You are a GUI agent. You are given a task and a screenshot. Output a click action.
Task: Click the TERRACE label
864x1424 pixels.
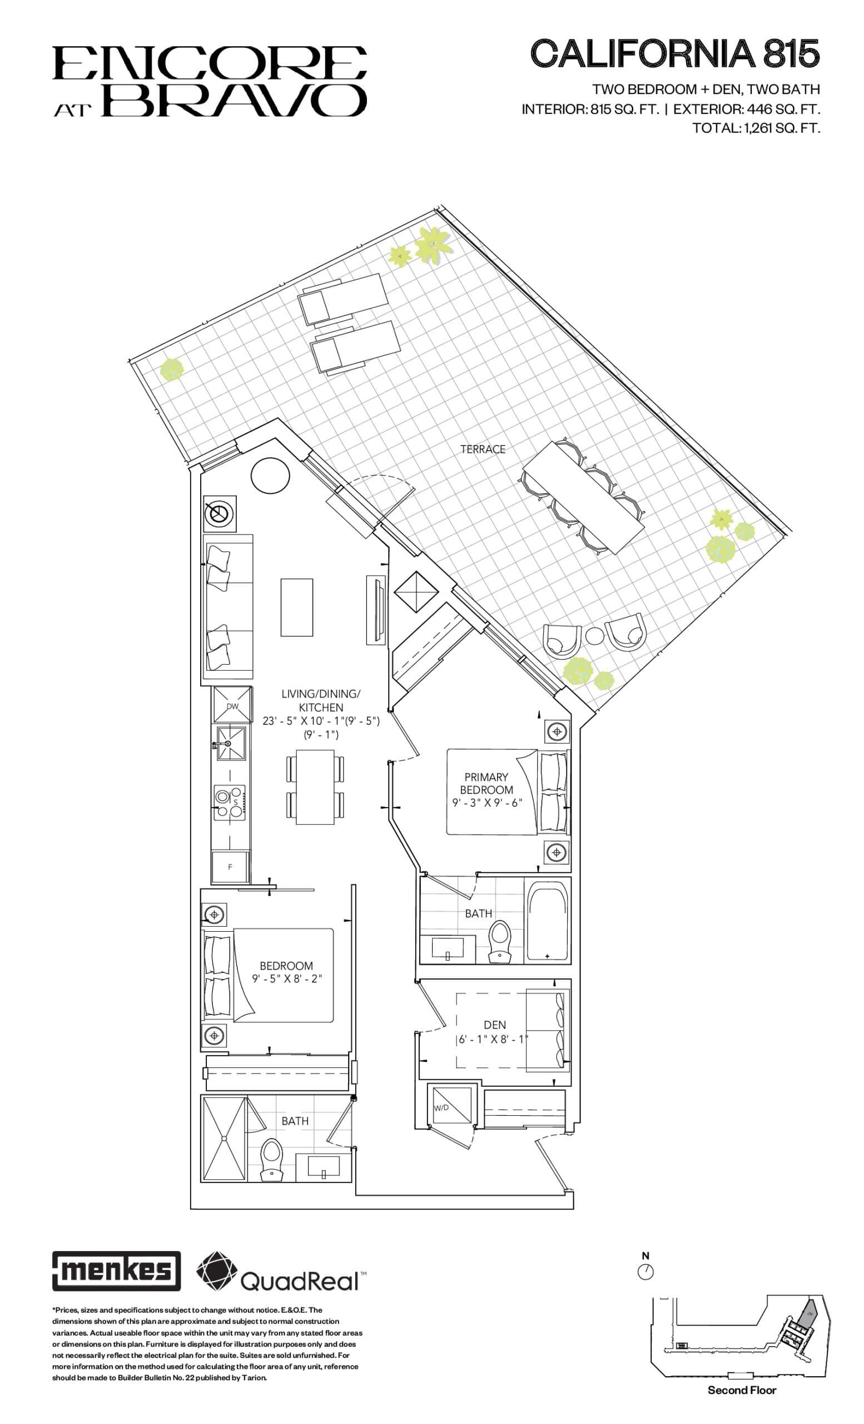click(x=482, y=449)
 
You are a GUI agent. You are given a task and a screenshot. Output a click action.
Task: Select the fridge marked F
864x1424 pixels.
click(x=230, y=867)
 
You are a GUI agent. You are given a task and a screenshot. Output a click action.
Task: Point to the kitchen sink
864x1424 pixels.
click(x=230, y=743)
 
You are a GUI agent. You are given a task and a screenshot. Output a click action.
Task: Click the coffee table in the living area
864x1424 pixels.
click(x=296, y=607)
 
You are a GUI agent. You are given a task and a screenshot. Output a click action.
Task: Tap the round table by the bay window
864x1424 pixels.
click(x=270, y=475)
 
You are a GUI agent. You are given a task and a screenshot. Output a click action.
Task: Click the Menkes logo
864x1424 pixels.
click(x=116, y=1270)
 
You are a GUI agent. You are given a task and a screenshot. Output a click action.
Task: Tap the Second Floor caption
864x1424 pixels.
click(x=742, y=1390)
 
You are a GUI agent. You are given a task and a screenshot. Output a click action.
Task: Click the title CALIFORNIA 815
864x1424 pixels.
click(x=674, y=54)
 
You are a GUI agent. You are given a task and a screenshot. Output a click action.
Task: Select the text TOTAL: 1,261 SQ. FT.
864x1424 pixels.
click(x=756, y=128)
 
